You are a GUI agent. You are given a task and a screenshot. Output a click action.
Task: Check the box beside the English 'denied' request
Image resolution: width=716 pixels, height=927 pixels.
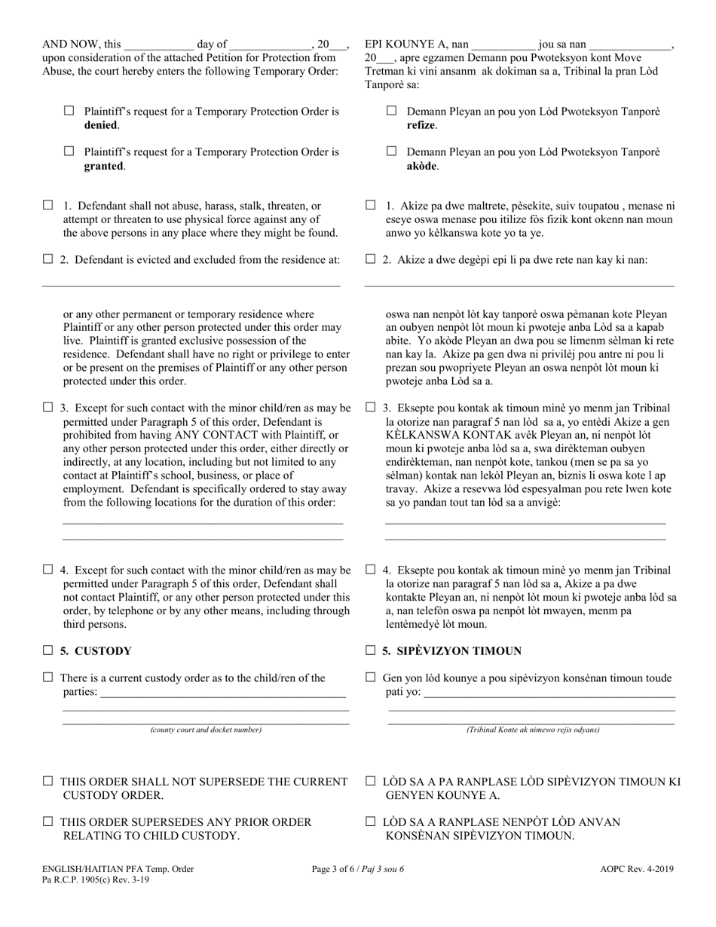69,111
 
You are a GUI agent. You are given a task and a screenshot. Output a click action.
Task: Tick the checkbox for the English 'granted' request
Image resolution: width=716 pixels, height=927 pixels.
69,151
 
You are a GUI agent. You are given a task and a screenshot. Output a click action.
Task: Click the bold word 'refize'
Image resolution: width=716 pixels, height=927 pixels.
421,125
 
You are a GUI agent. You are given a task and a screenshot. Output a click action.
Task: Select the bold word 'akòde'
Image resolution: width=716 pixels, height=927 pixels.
422,166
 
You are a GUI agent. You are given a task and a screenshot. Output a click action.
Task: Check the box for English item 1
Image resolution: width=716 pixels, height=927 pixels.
48,205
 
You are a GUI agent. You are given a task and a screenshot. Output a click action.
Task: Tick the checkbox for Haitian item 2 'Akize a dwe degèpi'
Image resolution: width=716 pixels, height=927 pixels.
371,259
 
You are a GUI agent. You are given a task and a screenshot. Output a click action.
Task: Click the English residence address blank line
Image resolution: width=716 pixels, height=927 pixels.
191,283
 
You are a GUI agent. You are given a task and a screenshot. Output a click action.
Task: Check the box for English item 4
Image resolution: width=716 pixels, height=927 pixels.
48,570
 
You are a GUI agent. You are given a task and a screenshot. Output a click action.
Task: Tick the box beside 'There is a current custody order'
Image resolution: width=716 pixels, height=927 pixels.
48,678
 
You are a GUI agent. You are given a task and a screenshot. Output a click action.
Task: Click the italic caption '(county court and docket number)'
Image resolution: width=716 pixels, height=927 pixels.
206,730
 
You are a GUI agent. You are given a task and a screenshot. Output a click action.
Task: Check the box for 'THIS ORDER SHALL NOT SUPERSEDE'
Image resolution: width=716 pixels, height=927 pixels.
48,782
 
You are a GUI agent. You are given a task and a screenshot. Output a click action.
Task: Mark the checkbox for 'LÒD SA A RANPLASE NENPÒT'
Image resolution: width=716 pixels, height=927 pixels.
371,821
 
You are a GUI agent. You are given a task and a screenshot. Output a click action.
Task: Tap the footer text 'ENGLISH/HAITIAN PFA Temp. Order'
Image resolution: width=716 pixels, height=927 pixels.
118,869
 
